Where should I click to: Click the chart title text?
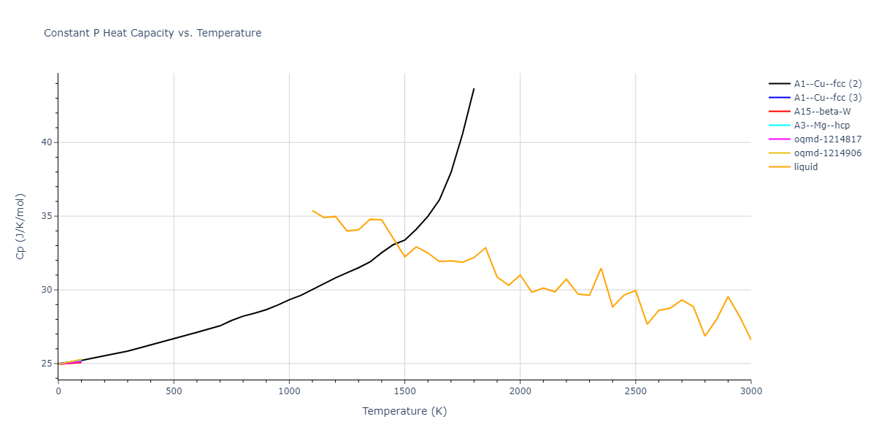click(x=153, y=33)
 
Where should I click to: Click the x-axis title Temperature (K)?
click(x=404, y=411)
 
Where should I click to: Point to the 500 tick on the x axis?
click(x=174, y=391)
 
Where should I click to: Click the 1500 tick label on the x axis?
click(x=404, y=391)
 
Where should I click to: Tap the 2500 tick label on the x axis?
click(x=635, y=391)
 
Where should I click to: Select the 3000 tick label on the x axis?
click(x=750, y=391)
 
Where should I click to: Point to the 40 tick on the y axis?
click(x=47, y=142)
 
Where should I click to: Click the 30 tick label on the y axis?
click(x=47, y=290)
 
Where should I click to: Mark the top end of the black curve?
click(x=474, y=89)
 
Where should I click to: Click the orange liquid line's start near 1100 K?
click(x=312, y=210)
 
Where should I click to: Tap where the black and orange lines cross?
click(x=395, y=243)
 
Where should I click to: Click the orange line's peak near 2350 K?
click(x=601, y=268)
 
